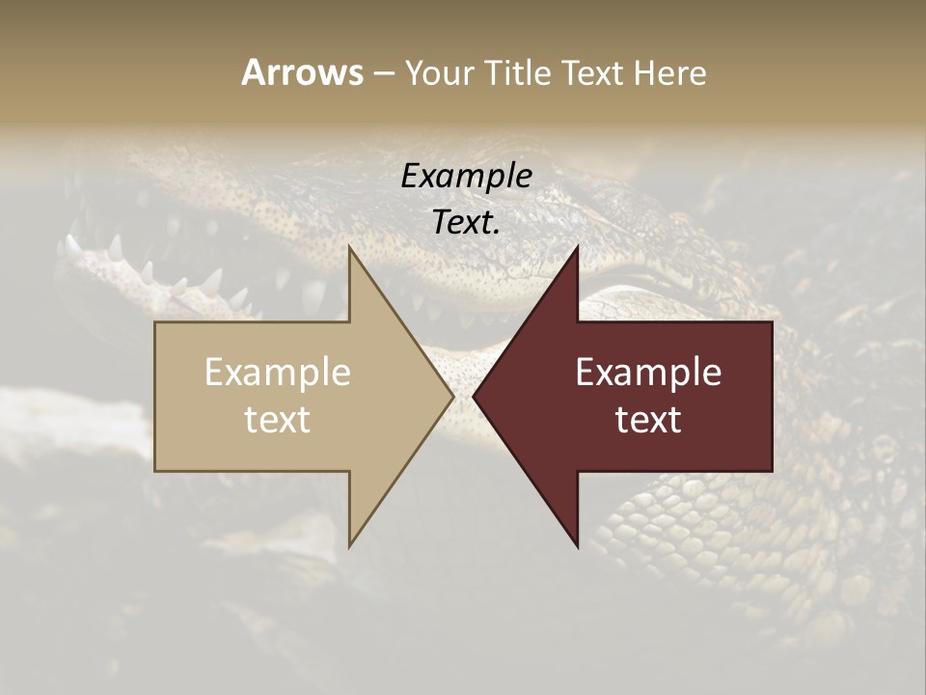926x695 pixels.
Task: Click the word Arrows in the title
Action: tap(302, 72)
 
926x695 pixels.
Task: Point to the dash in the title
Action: tap(383, 74)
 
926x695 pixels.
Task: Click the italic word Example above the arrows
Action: tap(466, 176)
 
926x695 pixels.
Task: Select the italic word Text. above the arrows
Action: tap(466, 222)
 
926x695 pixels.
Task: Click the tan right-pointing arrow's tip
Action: tap(451, 396)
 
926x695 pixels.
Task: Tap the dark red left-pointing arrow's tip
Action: tap(475, 396)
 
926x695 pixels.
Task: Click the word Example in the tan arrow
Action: tap(277, 373)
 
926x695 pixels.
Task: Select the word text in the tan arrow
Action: tap(277, 419)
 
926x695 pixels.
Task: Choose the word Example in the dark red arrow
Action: tap(648, 373)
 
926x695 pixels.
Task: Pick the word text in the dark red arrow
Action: tap(648, 419)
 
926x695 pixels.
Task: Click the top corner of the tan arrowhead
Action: tap(350, 248)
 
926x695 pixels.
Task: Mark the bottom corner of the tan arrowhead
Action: tap(350, 545)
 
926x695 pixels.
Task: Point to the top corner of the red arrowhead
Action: tap(577, 248)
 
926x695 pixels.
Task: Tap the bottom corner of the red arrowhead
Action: tap(577, 545)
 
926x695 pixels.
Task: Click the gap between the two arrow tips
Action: tap(463, 396)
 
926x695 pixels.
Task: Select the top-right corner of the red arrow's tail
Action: tap(771, 322)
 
